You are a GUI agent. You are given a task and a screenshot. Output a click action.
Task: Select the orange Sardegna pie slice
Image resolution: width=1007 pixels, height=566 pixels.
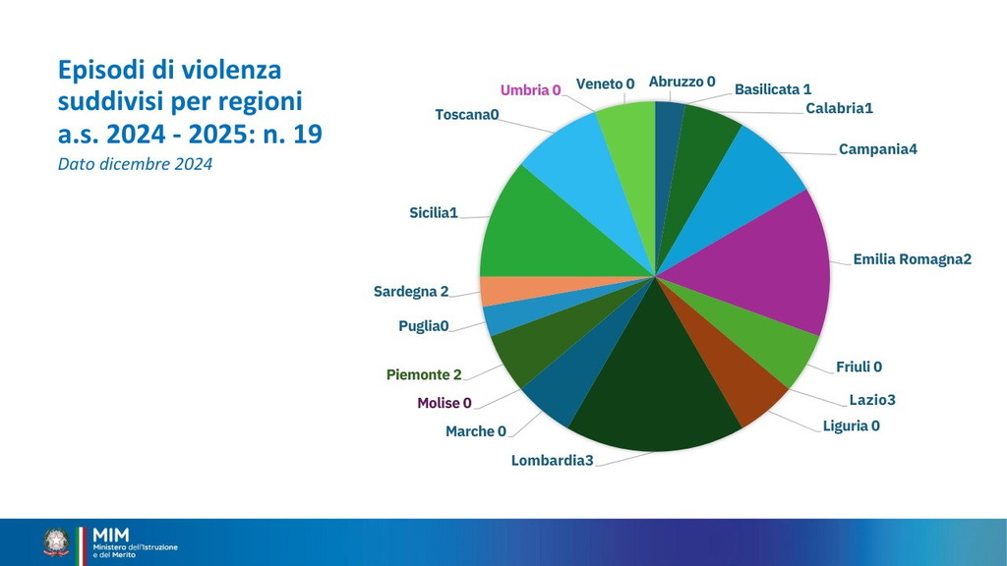click(495, 291)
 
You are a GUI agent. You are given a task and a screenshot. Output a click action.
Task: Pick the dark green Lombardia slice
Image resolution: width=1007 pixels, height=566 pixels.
click(654, 393)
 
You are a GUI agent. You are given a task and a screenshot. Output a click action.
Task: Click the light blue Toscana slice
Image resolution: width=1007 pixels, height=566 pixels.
click(565, 162)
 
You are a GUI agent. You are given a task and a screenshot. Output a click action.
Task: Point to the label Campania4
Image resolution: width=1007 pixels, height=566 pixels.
click(878, 149)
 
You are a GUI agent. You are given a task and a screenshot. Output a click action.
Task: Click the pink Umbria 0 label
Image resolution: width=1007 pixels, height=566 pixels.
click(530, 90)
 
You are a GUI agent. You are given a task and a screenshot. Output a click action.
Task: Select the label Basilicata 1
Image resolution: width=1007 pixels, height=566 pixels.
click(773, 89)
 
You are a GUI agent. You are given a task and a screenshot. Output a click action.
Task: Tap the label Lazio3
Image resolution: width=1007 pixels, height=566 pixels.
click(872, 400)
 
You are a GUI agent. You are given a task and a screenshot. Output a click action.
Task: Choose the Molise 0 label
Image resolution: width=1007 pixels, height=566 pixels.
click(444, 403)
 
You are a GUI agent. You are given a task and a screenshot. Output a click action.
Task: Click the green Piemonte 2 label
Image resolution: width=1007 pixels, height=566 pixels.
click(424, 374)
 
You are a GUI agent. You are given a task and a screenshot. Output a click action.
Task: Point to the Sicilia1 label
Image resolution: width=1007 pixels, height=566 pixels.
click(434, 212)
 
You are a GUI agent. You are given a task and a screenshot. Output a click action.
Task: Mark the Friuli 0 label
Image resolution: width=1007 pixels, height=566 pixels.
click(859, 367)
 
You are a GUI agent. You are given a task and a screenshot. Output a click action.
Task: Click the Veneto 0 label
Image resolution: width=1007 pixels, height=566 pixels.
click(605, 84)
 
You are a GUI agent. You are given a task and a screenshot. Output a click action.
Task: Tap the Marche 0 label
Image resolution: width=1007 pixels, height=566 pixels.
click(476, 431)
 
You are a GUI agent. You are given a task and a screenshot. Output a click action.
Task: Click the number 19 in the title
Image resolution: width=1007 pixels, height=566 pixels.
click(307, 134)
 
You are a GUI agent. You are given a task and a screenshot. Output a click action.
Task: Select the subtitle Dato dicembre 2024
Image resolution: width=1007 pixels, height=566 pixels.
click(136, 164)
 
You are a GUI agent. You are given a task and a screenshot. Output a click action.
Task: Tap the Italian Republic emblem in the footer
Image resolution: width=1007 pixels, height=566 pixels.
click(55, 542)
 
